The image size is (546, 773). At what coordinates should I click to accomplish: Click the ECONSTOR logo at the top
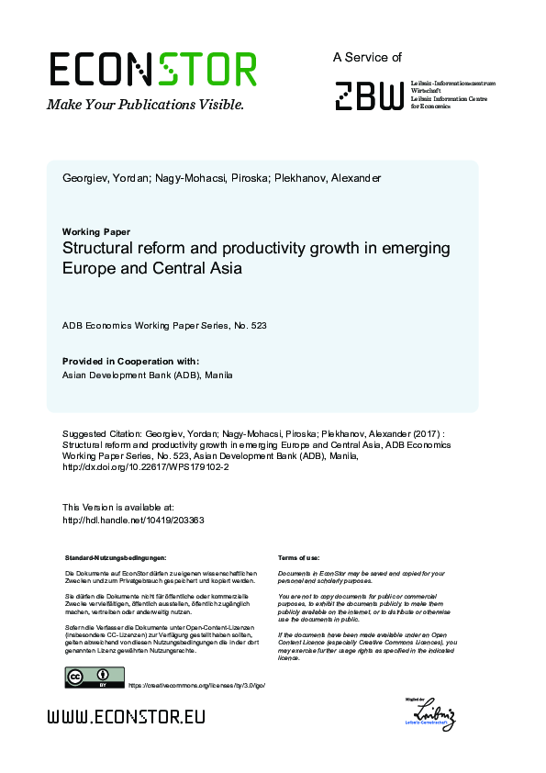pos(152,69)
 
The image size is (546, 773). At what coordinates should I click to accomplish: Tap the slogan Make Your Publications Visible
pos(145,105)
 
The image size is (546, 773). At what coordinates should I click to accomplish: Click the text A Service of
pos(367,57)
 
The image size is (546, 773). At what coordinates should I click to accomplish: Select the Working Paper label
pos(95,231)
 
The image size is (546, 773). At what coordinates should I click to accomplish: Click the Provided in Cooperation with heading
pos(130,361)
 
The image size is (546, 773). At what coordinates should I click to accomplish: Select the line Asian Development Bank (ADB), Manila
pos(147,375)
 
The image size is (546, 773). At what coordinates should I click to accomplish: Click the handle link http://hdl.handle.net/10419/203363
pos(132,520)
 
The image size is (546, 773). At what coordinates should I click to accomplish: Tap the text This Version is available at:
pos(117,507)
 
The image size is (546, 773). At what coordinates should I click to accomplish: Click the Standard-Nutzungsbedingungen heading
pos(115,557)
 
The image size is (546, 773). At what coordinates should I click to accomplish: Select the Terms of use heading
pos(298,557)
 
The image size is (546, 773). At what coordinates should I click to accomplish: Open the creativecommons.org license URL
pos(189,685)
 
